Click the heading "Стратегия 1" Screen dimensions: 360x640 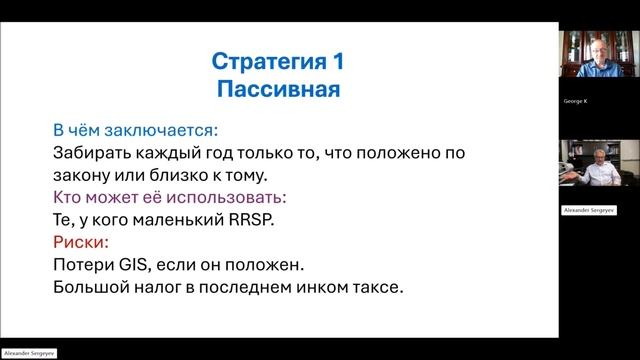[278, 61]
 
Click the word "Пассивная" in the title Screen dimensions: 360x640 [278, 89]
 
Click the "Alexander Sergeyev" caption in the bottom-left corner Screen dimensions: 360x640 [30, 354]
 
